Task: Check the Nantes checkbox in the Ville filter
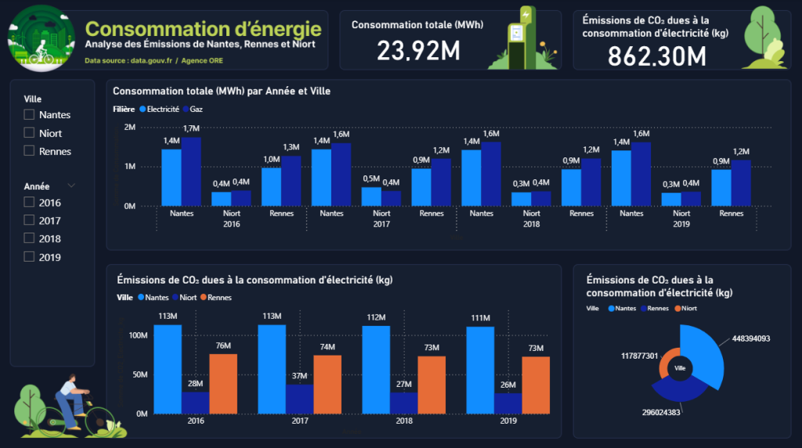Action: point(30,114)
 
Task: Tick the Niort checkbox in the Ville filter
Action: point(30,133)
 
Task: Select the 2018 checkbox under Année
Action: point(30,239)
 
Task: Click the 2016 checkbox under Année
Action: point(30,203)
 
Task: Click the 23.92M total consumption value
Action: point(417,51)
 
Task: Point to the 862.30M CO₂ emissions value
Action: point(657,56)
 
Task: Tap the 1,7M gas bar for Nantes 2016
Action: point(192,172)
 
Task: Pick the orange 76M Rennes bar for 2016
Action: point(223,384)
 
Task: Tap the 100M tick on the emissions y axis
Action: point(138,335)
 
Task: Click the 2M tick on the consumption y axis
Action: point(130,127)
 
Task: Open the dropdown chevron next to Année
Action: point(72,186)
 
